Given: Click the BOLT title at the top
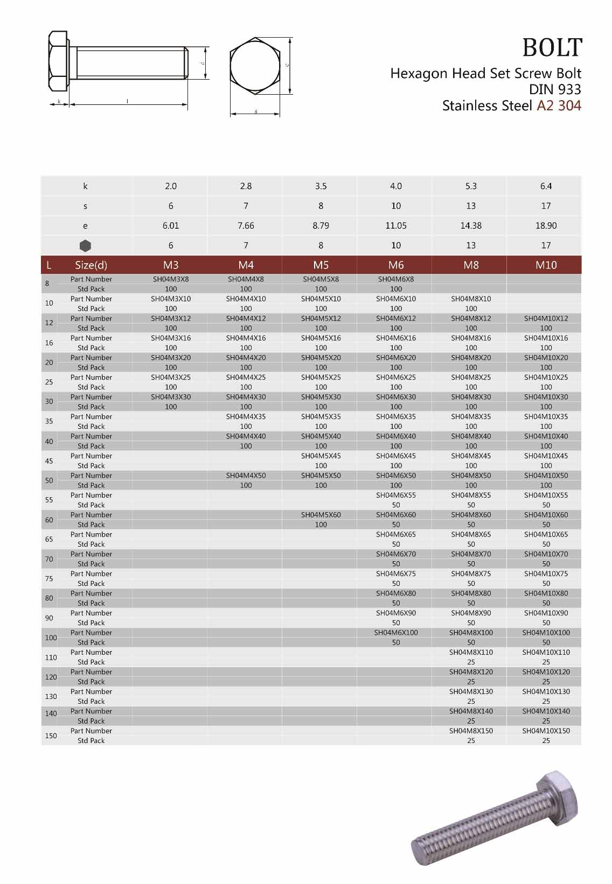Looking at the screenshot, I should point(552,48).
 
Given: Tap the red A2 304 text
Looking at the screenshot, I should point(559,105).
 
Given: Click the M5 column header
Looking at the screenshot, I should point(321,265).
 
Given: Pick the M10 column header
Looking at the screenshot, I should point(546,265).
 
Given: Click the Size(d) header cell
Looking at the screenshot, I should point(91,265).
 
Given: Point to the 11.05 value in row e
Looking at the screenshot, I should point(395,226).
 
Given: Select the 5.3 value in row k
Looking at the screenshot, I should point(471,186).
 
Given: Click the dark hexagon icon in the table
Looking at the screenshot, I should point(85,246).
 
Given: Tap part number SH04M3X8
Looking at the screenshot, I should point(171,279).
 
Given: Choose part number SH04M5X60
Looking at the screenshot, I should point(321,515).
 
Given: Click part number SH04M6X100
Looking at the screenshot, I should point(395,633).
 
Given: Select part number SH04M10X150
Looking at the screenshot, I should point(546,731).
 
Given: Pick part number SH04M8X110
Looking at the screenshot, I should point(471,652).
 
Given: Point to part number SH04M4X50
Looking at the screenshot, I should point(246,476).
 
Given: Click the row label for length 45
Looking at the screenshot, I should point(49,461).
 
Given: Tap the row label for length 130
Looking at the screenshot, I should point(51,696).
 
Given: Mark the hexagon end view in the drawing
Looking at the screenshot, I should point(255,66).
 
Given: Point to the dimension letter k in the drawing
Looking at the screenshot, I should point(59,101).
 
